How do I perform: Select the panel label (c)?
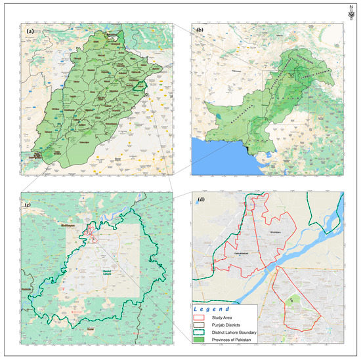point(29,201)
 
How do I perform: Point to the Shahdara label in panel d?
point(261,231)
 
